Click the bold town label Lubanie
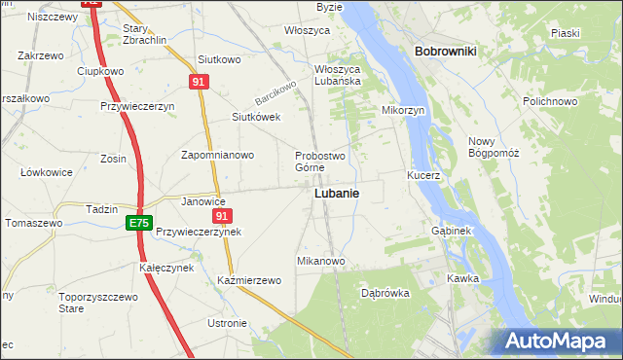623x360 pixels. coord(336,194)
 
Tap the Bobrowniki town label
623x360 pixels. coord(444,51)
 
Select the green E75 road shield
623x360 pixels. coord(139,224)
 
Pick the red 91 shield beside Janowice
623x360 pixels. coord(223,216)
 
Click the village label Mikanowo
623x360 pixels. coord(321,262)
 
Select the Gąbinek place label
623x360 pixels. coord(451,232)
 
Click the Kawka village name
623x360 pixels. coord(462,277)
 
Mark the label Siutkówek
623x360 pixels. coord(256,117)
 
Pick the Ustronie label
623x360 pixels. coord(228,323)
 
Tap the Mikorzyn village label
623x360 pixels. coord(404,111)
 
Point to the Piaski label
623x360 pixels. coord(566,33)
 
